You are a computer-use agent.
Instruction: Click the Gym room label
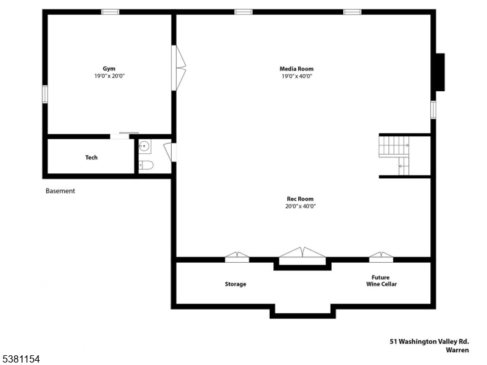(x=109, y=69)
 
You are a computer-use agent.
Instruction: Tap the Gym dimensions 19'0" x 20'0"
(x=109, y=76)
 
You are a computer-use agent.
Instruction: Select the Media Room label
(x=296, y=69)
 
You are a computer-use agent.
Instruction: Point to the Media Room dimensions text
(x=296, y=76)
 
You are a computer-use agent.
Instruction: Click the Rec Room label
(x=300, y=199)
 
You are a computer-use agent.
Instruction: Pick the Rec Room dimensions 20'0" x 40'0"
(x=300, y=206)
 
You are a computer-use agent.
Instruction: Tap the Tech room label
(x=91, y=158)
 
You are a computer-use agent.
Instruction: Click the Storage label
(x=236, y=284)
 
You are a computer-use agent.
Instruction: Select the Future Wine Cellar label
(x=381, y=280)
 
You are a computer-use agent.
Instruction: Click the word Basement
(x=60, y=191)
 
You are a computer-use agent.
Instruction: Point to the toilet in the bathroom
(x=146, y=165)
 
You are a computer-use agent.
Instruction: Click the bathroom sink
(x=144, y=146)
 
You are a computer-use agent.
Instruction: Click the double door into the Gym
(x=180, y=68)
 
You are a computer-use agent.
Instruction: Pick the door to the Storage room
(x=237, y=257)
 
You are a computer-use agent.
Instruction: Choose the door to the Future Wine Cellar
(x=381, y=257)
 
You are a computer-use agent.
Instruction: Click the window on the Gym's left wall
(x=44, y=94)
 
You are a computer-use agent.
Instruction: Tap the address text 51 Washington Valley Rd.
(x=429, y=342)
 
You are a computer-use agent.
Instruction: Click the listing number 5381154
(x=21, y=360)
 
